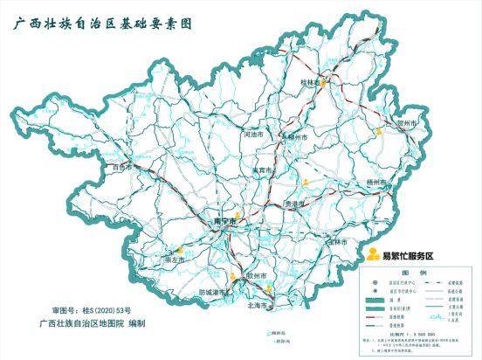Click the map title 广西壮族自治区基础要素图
point(114,25)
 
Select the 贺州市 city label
point(409,124)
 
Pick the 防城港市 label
point(214,292)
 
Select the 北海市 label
point(259,306)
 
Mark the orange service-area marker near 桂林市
point(322,84)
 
